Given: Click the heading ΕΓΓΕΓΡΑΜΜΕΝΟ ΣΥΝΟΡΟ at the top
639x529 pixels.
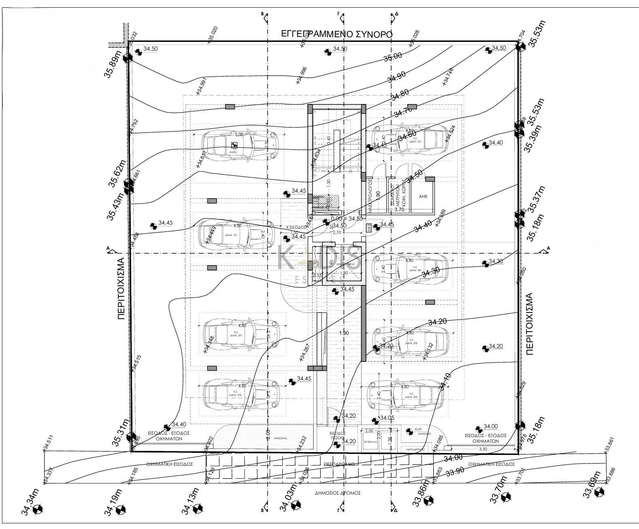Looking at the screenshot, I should (x=337, y=34).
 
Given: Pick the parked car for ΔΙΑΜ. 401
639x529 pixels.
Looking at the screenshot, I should (x=409, y=268).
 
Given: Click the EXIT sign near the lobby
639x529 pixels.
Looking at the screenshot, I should (x=369, y=228).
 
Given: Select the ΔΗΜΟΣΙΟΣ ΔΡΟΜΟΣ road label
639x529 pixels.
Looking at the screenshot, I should (x=338, y=493).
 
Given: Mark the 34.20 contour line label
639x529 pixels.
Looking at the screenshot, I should (x=437, y=321).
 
